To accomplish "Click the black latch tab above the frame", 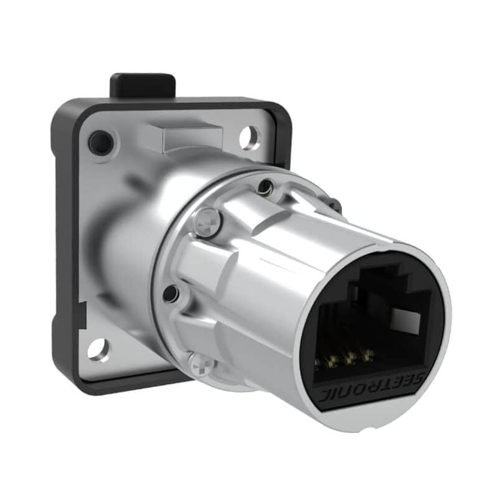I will click(143, 86).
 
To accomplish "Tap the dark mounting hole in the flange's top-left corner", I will click(100, 143).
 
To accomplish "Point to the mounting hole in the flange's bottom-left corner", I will click(98, 349).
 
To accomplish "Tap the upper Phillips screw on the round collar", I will click(209, 221).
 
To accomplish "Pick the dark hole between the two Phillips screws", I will click(171, 293).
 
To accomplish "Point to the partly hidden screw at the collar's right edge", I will click(335, 205).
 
